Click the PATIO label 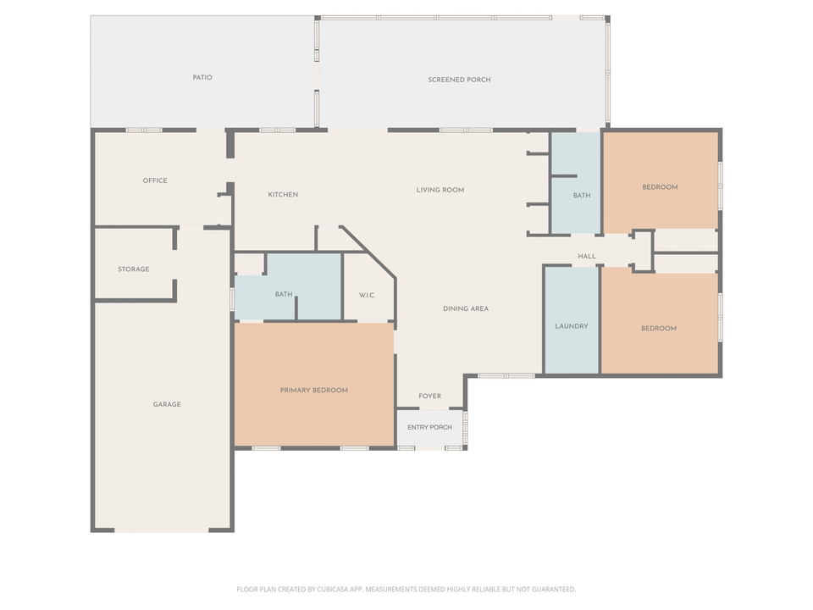202,78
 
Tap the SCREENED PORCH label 459,80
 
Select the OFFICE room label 155,180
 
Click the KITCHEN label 283,195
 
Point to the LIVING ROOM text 440,190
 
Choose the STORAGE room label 134,269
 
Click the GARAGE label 167,405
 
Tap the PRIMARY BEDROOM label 314,391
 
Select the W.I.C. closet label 367,295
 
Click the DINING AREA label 466,308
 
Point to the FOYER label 430,396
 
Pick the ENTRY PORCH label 429,427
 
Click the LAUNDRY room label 572,326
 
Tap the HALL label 587,257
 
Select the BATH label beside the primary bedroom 284,295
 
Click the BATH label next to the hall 582,196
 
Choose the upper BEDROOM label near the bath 660,187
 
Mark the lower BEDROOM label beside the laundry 659,329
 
